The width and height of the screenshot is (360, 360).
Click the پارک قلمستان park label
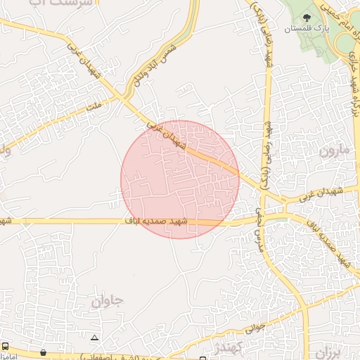coord(307,29)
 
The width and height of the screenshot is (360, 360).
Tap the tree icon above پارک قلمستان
coord(307,17)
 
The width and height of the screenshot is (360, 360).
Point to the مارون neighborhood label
coord(333,150)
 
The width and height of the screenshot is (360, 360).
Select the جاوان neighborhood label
coord(108,302)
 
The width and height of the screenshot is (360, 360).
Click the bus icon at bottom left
coord(6,347)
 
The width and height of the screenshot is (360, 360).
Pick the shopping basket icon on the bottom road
coord(44,352)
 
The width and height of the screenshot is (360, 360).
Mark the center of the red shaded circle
coord(180,179)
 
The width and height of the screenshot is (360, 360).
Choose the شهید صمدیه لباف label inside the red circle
coord(157,222)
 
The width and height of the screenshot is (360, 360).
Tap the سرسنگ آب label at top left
coord(42,4)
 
